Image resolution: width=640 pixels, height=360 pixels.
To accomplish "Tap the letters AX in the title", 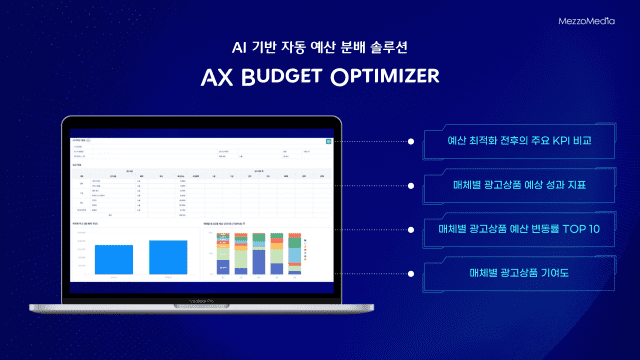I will click(x=217, y=78).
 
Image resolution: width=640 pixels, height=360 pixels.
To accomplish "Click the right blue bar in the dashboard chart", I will click(x=168, y=256).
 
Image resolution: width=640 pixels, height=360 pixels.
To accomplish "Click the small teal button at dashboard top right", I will click(x=326, y=142).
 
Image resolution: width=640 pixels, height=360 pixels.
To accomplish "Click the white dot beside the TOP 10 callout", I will click(x=412, y=230).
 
